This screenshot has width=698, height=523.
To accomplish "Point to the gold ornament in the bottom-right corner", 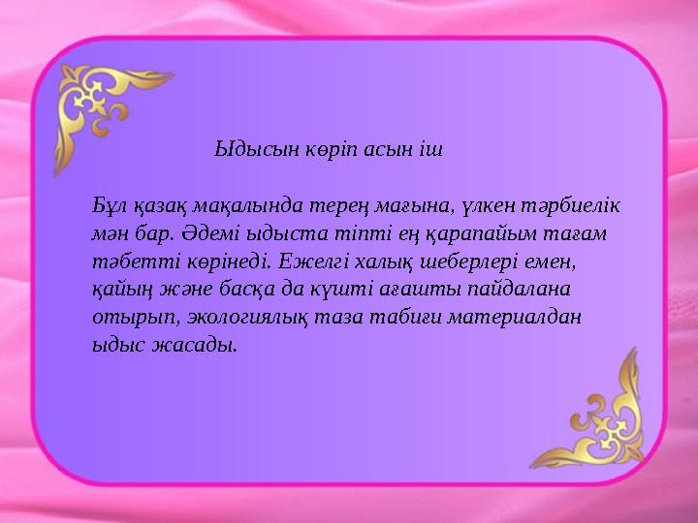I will click(x=592, y=415).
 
